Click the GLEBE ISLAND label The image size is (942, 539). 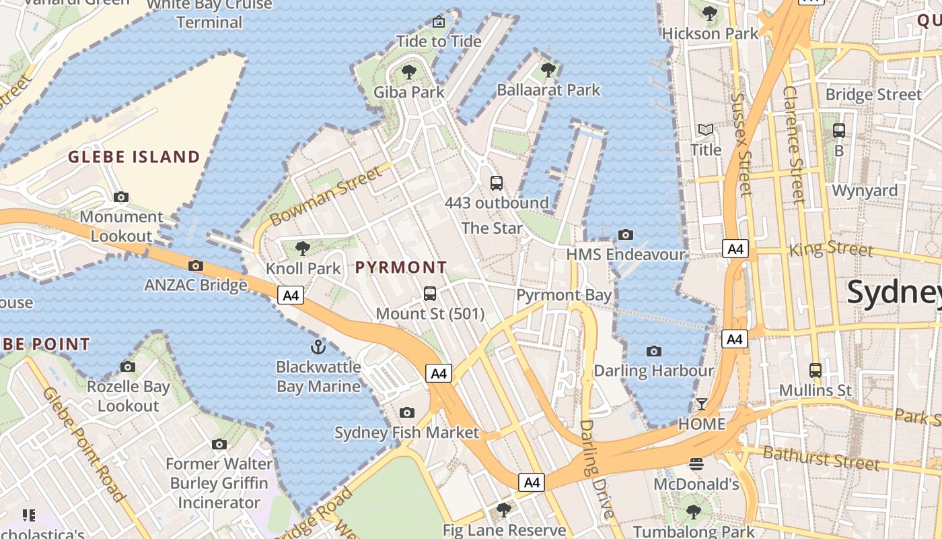pos(134,157)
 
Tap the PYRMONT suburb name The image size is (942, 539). pos(401,267)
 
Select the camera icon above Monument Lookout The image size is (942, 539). pos(121,197)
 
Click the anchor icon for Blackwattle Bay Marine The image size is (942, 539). pos(318,347)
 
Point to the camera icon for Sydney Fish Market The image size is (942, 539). pos(406,412)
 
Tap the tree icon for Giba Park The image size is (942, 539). pos(408,72)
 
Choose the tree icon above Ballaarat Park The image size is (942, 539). pos(548,69)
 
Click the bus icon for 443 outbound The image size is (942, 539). pos(497,183)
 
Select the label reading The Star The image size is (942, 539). pos(492,228)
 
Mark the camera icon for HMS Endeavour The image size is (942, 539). pos(626,234)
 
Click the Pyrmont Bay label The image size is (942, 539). pos(564,295)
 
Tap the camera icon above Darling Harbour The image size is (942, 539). pos(653,351)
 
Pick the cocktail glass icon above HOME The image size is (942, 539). pos(702,404)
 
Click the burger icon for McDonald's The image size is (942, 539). pos(696,464)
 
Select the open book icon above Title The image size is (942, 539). pos(705,129)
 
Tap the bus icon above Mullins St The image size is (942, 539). pos(816,370)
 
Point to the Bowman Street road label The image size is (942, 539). pos(326,197)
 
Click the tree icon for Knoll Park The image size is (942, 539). pos(303,249)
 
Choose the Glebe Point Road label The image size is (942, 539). pos(83,444)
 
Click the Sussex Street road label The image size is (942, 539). pos(741,144)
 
